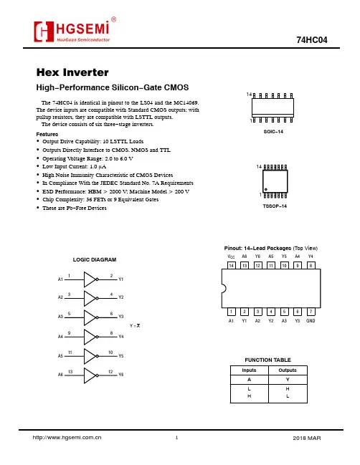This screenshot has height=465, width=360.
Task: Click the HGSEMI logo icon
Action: [x=44, y=32]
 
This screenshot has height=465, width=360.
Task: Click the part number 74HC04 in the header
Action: [x=312, y=40]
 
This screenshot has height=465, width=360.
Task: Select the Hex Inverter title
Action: [x=72, y=72]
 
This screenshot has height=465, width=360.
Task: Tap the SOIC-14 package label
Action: [x=273, y=131]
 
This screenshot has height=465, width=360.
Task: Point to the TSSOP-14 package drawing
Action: [x=275, y=181]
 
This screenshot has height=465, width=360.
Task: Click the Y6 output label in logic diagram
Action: [x=120, y=375]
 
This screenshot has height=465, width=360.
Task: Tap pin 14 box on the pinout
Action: [x=231, y=265]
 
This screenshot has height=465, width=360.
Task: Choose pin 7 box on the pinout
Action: [x=311, y=312]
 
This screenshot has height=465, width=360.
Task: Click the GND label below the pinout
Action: [x=311, y=320]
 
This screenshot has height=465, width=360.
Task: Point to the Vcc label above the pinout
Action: [x=231, y=257]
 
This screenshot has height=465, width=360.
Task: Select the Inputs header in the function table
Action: [x=249, y=370]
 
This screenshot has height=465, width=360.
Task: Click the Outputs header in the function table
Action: [x=288, y=370]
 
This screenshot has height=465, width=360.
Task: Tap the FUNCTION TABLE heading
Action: [x=267, y=360]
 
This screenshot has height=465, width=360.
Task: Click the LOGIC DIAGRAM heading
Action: [x=95, y=260]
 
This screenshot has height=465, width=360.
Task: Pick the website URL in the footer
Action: [x=67, y=438]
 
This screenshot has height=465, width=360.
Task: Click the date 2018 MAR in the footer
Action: [x=307, y=438]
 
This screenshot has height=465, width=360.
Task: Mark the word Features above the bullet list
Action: [x=47, y=134]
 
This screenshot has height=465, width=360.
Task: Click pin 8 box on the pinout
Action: [x=311, y=265]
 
